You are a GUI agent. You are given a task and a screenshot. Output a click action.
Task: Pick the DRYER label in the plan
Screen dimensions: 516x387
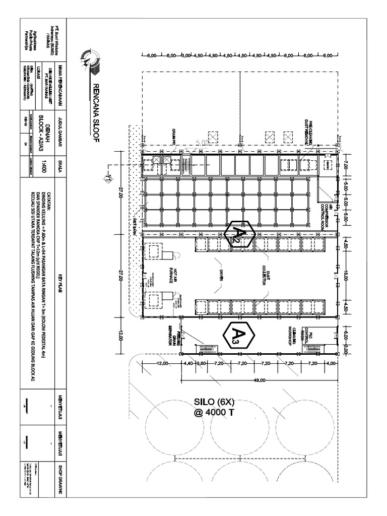click(221, 276)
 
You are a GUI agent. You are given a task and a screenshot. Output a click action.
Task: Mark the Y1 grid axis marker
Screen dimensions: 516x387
click(107, 179)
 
